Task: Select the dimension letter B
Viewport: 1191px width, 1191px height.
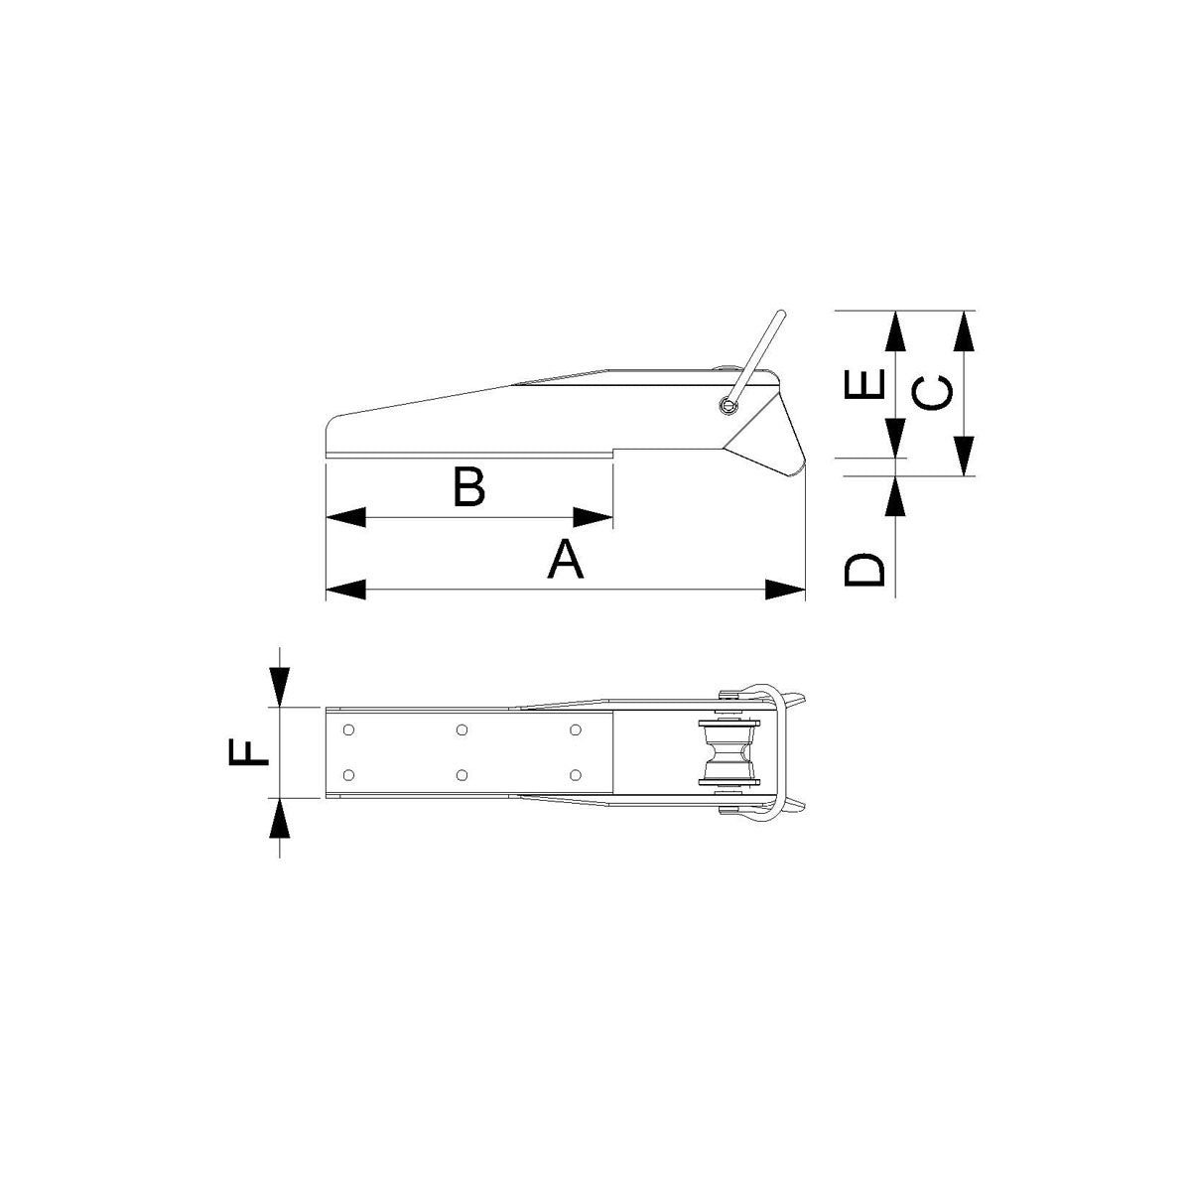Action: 468,486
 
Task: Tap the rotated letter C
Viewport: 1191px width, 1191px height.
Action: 934,393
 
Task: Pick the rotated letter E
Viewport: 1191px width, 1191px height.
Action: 864,386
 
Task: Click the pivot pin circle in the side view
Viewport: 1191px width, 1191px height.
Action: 730,404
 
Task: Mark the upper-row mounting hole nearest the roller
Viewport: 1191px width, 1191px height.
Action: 576,730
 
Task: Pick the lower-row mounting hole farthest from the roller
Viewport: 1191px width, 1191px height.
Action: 347,774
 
